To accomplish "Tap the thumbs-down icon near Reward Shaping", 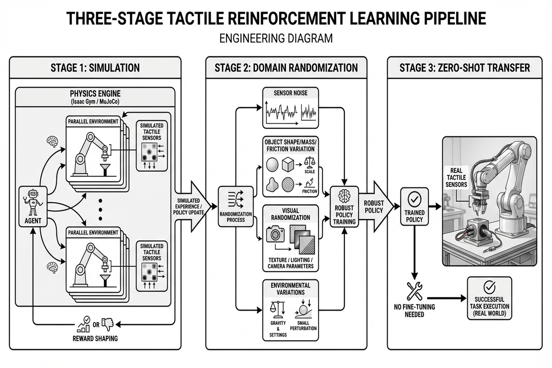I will tap(107, 324).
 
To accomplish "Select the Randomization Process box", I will tap(236, 207).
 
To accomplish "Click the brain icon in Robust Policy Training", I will tap(344, 196).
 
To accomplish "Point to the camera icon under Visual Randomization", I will tap(275, 234).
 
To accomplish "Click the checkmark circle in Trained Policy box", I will tap(414, 199).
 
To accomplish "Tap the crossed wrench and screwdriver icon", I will tap(414, 291).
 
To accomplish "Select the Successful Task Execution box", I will tap(489, 298).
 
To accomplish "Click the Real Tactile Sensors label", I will tap(456, 178).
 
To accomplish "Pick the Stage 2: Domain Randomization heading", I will tap(286, 68).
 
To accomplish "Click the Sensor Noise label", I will tap(290, 93).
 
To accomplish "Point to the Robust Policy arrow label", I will tap(374, 207).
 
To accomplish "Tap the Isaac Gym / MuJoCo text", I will tap(95, 102).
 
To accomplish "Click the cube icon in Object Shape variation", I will tap(288, 165).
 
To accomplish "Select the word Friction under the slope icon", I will tap(309, 191).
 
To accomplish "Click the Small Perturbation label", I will tap(303, 326).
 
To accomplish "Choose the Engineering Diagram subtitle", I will tap(276, 38).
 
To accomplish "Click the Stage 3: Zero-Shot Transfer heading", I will tap(464, 68).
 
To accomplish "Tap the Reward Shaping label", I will tap(95, 339).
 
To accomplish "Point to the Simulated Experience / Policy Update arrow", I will tap(190, 207).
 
